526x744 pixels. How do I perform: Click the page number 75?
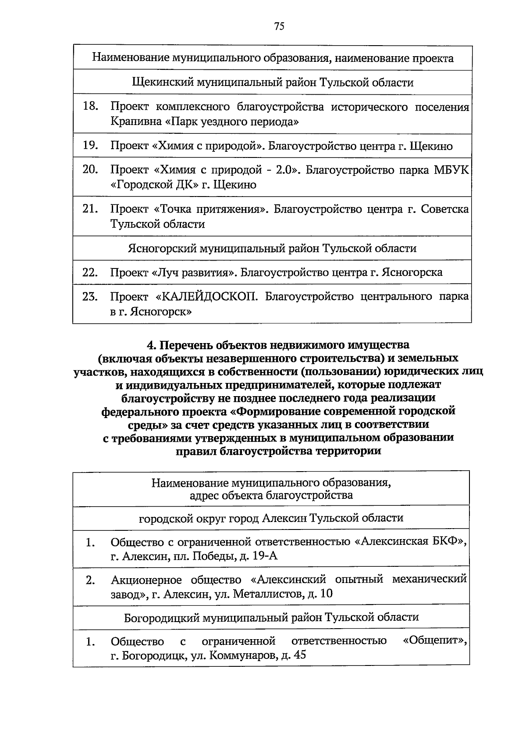click(279, 26)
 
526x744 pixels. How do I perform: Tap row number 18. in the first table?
click(90, 107)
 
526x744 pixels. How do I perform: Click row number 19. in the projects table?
click(90, 146)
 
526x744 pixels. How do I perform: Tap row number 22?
click(90, 272)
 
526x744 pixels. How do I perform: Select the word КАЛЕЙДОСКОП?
click(207, 297)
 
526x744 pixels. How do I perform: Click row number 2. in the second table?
click(90, 580)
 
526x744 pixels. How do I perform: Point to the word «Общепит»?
click(434, 640)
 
